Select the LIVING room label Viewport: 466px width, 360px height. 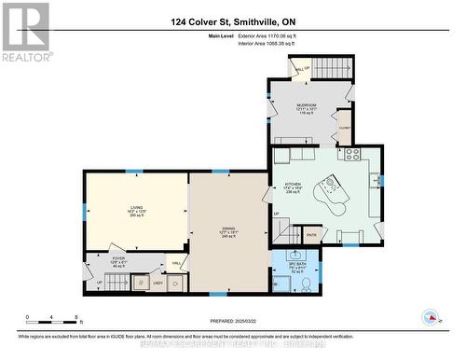137,211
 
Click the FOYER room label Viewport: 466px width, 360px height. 117,261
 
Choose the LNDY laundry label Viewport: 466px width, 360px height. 158,283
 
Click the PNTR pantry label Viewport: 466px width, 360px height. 311,235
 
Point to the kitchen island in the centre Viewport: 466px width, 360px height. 332,193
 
